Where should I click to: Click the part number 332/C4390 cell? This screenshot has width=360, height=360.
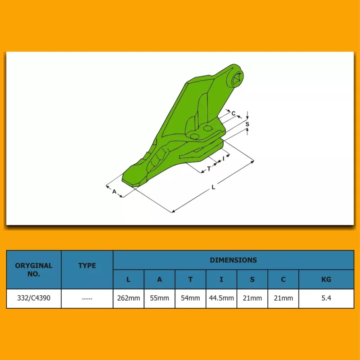point(34,298)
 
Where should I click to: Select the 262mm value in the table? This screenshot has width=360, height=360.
point(129,298)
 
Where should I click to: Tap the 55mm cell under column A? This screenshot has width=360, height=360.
point(160,298)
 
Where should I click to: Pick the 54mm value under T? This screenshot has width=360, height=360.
point(190,298)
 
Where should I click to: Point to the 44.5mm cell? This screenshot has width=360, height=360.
point(221,298)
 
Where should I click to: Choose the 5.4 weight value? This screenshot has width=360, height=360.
point(326,298)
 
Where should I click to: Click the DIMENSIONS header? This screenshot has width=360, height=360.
point(233,260)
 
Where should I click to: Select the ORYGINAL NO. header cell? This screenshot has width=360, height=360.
point(34,270)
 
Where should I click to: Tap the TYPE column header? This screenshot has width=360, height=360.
point(87,265)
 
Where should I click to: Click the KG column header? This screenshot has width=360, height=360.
point(326,279)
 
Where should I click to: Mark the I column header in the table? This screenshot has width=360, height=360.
point(221,279)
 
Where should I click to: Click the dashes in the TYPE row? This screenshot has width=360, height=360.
point(87,299)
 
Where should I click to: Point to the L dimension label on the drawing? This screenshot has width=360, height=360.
point(213,187)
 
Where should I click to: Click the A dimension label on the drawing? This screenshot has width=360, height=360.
point(114,191)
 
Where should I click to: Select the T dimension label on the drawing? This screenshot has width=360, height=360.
point(209,169)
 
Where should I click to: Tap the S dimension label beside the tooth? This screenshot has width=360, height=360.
point(247,124)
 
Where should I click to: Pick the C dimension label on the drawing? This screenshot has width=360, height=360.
point(234,113)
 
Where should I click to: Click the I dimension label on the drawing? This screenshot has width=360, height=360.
point(223,158)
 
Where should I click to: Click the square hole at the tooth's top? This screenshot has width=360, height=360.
point(237,80)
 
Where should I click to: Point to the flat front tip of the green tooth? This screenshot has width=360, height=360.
point(130,180)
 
